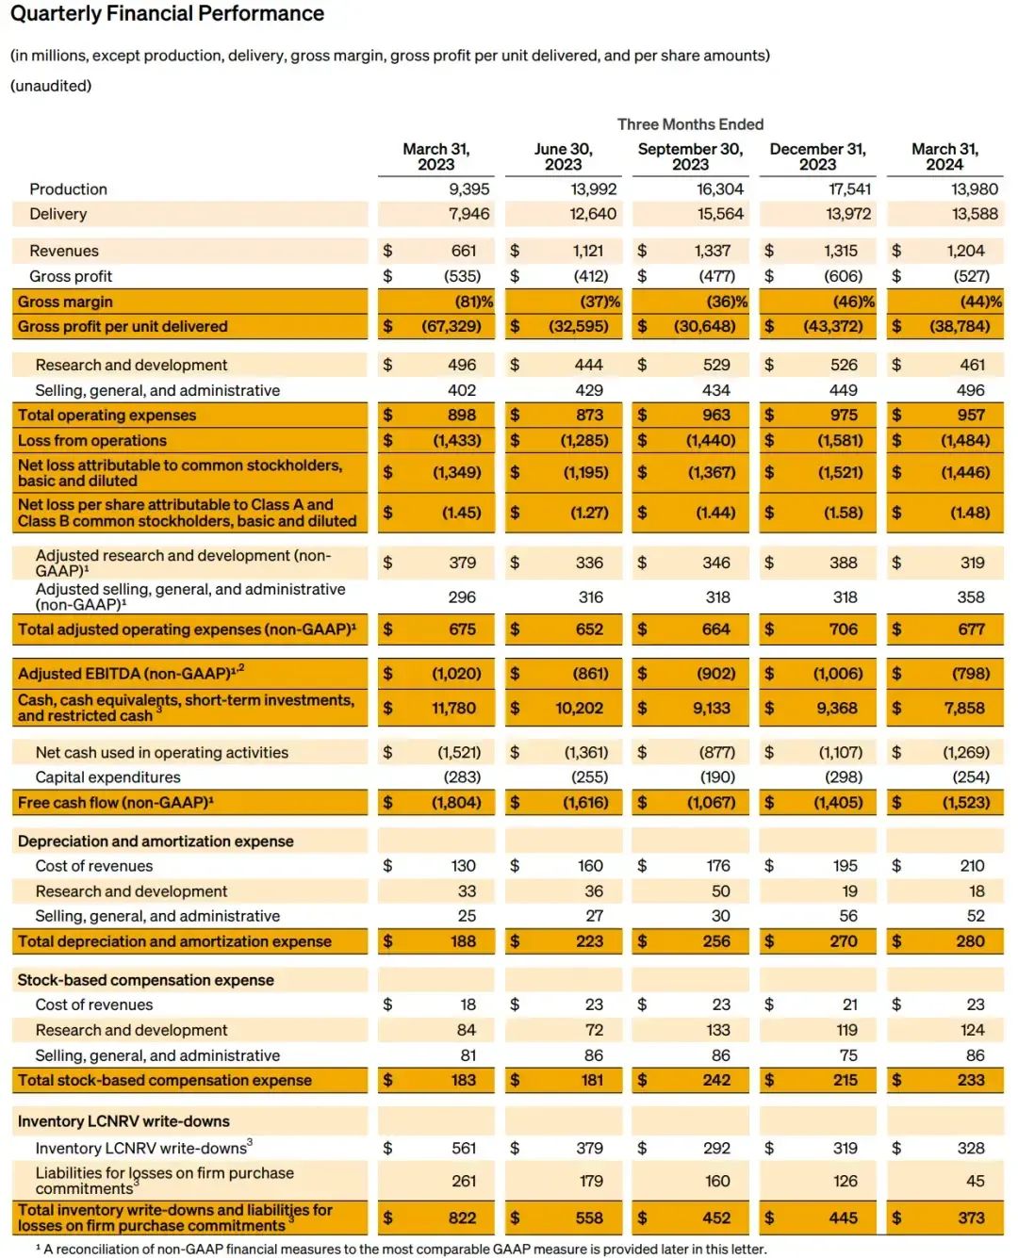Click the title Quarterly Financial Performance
(x=167, y=14)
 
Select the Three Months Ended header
(x=690, y=124)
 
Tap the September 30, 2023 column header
(x=690, y=156)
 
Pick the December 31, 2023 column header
(x=817, y=156)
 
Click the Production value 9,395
(x=468, y=189)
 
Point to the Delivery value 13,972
(x=848, y=214)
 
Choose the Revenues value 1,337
(x=712, y=251)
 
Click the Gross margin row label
(x=65, y=302)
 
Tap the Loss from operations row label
(x=91, y=440)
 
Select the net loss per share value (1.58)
(x=843, y=513)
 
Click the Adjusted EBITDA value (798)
(x=970, y=674)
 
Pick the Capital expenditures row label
(x=107, y=777)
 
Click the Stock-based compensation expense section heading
(x=145, y=980)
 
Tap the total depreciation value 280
(x=970, y=941)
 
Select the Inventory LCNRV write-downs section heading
(x=123, y=1121)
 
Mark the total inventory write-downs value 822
(x=462, y=1217)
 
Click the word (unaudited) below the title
(x=51, y=86)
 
